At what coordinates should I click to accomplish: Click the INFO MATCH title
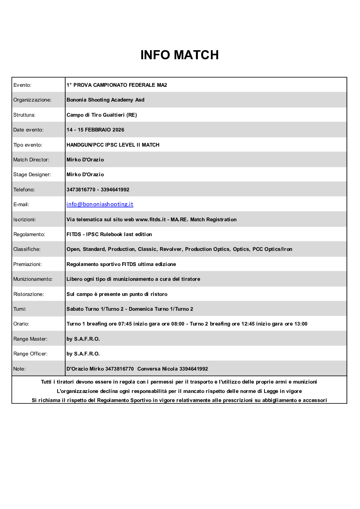pos(179,55)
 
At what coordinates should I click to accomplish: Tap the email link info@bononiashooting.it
pos(100,204)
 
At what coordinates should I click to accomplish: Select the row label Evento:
pos(22,85)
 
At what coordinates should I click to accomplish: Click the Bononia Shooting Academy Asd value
pos(105,100)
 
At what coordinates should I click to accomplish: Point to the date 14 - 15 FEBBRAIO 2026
pos(95,130)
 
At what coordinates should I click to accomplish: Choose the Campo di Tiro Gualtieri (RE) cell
pos(102,115)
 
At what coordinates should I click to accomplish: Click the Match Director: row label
pos(31,160)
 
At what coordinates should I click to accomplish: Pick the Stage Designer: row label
pos(32,175)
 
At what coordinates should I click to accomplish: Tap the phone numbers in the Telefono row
pos(98,190)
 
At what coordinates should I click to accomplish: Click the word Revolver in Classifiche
pos(171,249)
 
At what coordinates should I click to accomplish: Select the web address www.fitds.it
pos(151,219)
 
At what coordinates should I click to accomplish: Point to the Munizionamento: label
pos(33,279)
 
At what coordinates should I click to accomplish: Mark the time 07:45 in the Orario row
pos(125,324)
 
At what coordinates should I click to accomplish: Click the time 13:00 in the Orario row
pos(301,324)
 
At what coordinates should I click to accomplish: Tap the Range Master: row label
pos(30,339)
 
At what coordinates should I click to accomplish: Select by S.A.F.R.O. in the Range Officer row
pos(83,354)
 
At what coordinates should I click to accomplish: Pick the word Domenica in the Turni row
pos(141,309)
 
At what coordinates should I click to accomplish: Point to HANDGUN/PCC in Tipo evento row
pos(85,145)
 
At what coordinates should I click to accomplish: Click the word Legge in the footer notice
pos(271,391)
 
